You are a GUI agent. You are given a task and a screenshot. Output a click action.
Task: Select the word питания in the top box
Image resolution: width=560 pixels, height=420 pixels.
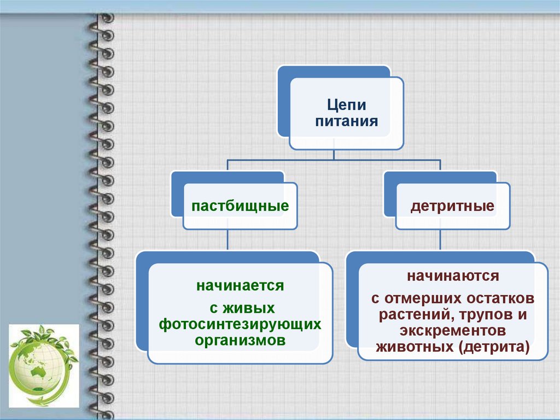click(346, 121)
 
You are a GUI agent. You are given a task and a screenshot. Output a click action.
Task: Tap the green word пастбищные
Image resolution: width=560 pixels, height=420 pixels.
click(240, 206)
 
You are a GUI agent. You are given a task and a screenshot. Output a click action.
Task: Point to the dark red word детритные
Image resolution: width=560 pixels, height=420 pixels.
click(453, 206)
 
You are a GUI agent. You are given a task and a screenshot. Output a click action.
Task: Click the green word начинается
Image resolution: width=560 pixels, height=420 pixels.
click(240, 285)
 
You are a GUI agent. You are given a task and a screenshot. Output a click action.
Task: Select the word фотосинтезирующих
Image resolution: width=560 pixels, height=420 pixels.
click(240, 324)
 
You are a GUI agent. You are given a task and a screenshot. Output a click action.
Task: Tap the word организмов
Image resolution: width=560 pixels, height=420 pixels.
click(240, 340)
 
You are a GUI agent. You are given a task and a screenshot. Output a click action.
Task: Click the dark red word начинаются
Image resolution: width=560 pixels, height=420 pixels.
click(452, 275)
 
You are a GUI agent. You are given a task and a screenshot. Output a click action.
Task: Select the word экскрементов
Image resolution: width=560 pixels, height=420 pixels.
click(452, 331)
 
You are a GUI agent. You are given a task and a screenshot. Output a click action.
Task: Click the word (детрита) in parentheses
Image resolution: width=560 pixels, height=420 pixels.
click(496, 347)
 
